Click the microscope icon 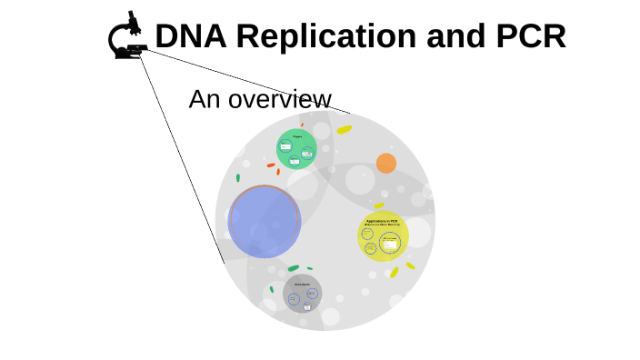click(x=129, y=36)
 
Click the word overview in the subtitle click(x=280, y=99)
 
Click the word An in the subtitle click(x=204, y=99)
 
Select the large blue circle click(x=265, y=221)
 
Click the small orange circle click(x=386, y=163)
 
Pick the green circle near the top click(x=296, y=149)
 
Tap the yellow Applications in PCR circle click(x=383, y=236)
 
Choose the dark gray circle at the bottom click(x=302, y=294)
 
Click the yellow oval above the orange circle click(x=345, y=130)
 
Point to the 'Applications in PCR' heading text click(x=382, y=221)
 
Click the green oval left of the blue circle click(x=238, y=178)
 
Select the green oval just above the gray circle click(x=293, y=268)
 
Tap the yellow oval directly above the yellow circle click(x=379, y=206)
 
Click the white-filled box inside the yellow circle click(x=390, y=244)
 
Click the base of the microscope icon click(x=128, y=55)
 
